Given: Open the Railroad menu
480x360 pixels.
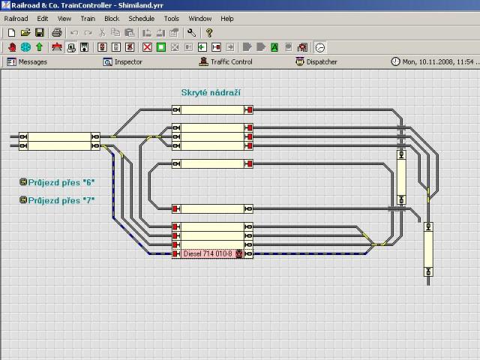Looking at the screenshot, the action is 16,19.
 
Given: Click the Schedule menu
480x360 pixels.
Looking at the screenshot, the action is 142,19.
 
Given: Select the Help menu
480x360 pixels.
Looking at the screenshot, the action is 227,19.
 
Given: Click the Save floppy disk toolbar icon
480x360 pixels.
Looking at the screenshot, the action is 40,32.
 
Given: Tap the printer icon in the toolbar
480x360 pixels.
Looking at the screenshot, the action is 57,32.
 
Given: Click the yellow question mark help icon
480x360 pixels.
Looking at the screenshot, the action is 209,32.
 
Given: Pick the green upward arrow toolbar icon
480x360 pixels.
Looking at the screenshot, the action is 39,47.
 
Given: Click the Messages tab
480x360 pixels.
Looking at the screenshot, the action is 27,61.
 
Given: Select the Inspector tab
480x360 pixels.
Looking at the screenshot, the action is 123,61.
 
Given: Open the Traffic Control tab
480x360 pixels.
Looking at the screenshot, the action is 226,61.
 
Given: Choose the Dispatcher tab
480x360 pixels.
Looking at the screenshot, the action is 316,61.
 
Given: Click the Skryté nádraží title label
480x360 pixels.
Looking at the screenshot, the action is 211,92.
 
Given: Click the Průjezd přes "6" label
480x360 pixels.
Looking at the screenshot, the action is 57,182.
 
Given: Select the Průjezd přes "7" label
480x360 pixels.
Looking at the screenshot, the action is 57,200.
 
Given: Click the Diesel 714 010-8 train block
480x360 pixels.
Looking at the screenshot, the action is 212,253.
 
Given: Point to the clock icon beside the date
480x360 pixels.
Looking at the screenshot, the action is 395,61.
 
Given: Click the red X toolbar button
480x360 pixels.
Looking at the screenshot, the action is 147,47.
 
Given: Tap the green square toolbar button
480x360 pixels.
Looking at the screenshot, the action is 161,47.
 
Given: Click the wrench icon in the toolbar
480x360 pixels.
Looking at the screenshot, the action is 192,32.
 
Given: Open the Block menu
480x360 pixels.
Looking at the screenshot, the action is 112,19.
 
